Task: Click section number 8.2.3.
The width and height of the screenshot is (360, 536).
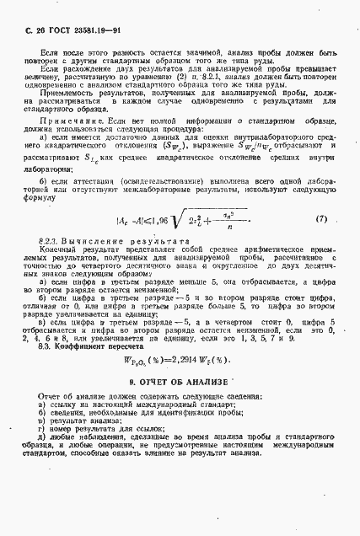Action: [x=49, y=242]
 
